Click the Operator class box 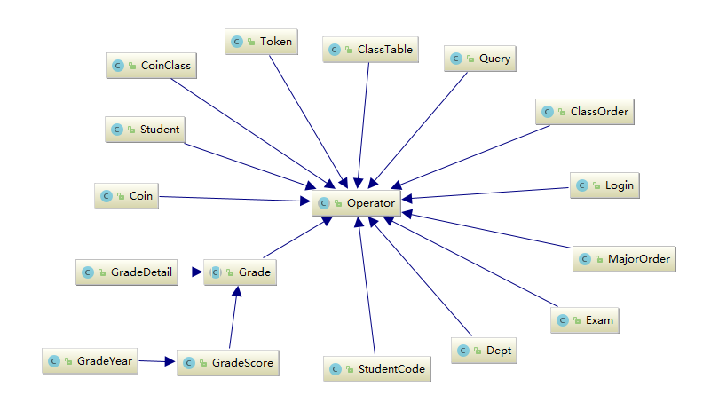pyautogui.click(x=357, y=203)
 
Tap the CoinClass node pyautogui.click(x=152, y=66)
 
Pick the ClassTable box pyautogui.click(x=369, y=50)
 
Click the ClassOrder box pyautogui.click(x=587, y=112)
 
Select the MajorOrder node pyautogui.click(x=624, y=259)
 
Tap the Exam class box pyautogui.click(x=584, y=319)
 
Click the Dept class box pyautogui.click(x=484, y=351)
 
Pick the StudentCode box pyautogui.click(x=376, y=368)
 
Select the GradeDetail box pyautogui.click(x=128, y=272)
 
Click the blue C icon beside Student pyautogui.click(x=116, y=130)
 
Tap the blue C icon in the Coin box pyautogui.click(x=107, y=196)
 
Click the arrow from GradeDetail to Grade pyautogui.click(x=192, y=272)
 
